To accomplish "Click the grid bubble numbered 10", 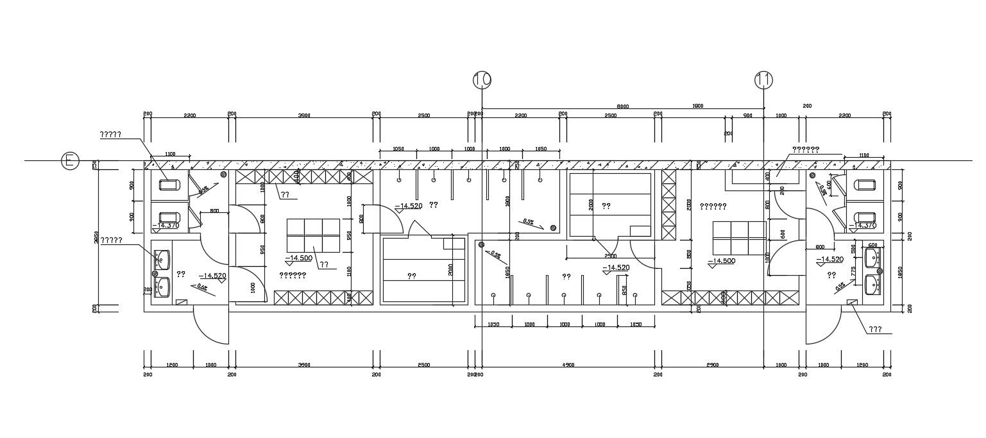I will click(482, 80).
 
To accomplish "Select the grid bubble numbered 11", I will click(763, 80).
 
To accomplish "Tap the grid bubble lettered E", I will click(70, 161).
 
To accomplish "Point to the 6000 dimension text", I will click(623, 106).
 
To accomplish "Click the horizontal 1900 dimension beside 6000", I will click(697, 106).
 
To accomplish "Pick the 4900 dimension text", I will click(568, 365).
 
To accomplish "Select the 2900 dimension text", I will click(712, 365).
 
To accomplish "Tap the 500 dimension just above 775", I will click(854, 249).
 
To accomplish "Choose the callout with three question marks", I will click(874, 330).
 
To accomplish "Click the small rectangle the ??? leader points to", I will click(852, 302).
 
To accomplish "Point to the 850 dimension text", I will click(624, 291).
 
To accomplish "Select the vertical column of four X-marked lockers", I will click(669, 205).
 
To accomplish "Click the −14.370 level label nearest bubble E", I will click(166, 225).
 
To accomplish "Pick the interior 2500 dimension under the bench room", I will click(609, 256).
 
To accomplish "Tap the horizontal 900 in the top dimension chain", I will click(747, 115).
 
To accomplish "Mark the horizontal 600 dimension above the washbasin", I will click(872, 245).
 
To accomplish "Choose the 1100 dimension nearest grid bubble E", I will click(170, 155).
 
